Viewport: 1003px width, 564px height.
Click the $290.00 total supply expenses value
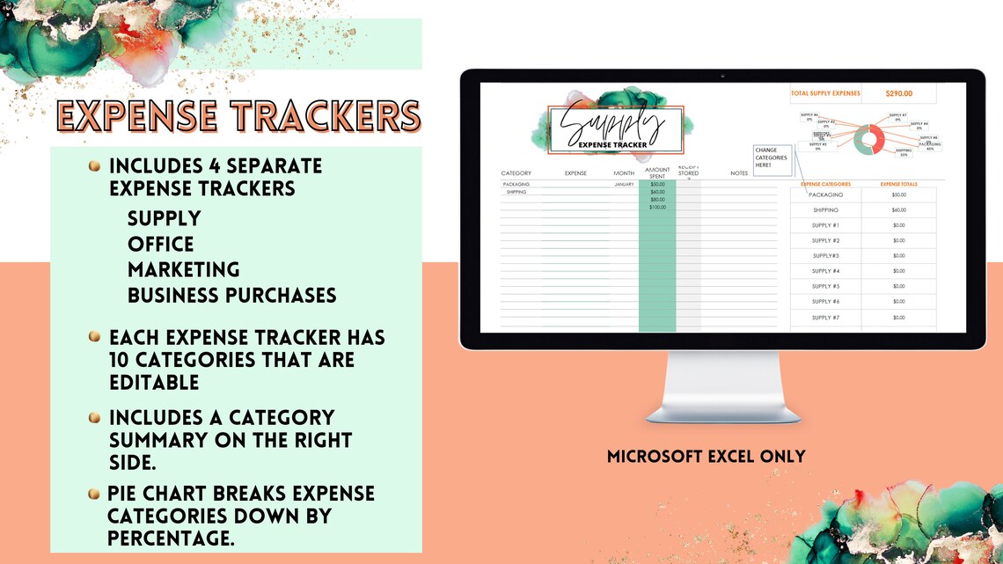pyautogui.click(x=898, y=93)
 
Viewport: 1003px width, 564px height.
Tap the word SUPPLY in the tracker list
pyautogui.click(x=165, y=218)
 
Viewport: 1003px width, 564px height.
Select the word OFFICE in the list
pyautogui.click(x=161, y=244)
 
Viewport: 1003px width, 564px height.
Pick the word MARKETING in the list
pyautogui.click(x=184, y=269)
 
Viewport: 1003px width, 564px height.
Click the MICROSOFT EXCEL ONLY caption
pyautogui.click(x=706, y=457)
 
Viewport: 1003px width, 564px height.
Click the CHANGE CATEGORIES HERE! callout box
pyautogui.click(x=772, y=157)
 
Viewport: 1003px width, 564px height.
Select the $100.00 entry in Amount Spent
pyautogui.click(x=657, y=207)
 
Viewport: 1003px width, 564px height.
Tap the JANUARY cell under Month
pyautogui.click(x=624, y=185)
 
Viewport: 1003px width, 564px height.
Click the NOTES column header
pyautogui.click(x=739, y=173)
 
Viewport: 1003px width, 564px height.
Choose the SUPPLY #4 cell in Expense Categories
pyautogui.click(x=825, y=271)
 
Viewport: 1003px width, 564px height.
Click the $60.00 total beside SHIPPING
pyautogui.click(x=898, y=210)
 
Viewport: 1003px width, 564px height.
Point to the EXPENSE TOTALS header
pyautogui.click(x=898, y=184)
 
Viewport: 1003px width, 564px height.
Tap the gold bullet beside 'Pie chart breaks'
pyautogui.click(x=94, y=494)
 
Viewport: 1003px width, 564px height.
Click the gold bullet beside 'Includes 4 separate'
pyautogui.click(x=94, y=165)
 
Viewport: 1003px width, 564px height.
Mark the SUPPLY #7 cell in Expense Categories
pyautogui.click(x=825, y=317)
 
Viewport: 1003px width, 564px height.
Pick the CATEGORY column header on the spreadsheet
pyautogui.click(x=516, y=173)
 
